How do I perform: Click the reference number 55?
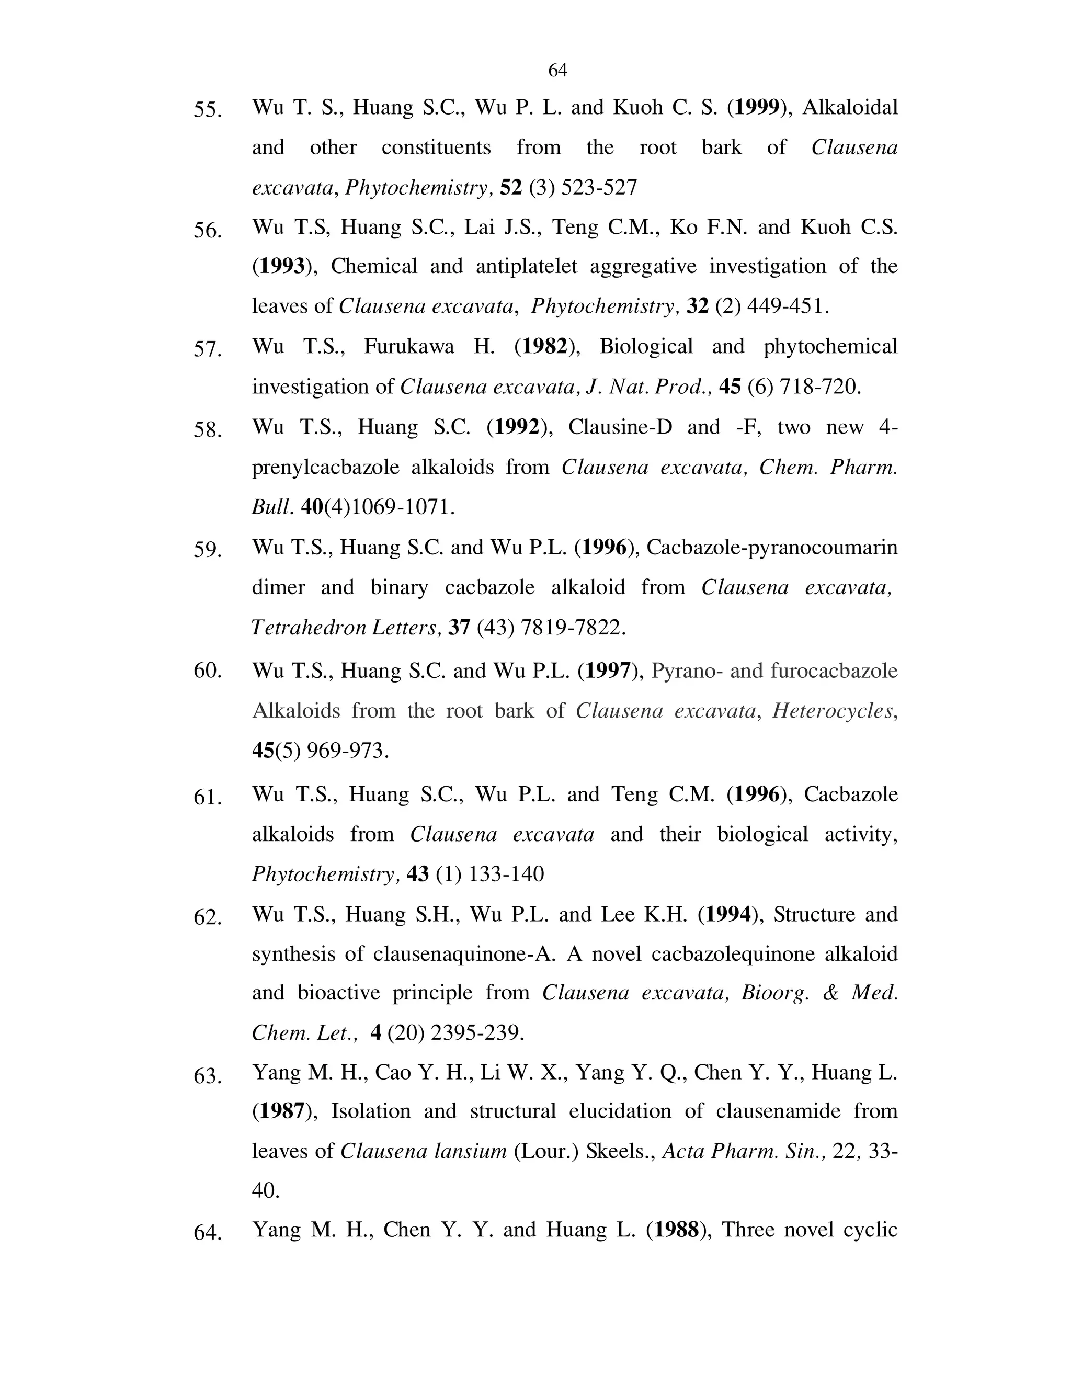click(x=208, y=110)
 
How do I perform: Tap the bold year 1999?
click(x=756, y=107)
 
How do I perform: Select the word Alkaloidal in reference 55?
click(x=850, y=107)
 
